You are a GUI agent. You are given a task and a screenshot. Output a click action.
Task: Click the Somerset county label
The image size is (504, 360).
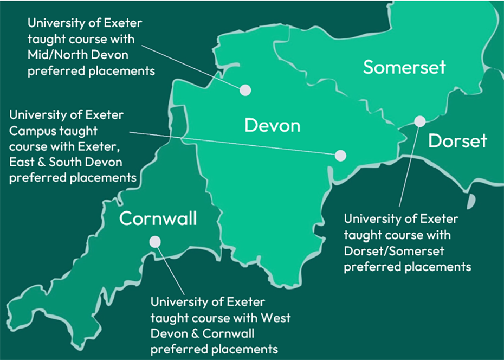[x=404, y=67]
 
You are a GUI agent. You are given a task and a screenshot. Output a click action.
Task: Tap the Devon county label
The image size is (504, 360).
[x=272, y=126]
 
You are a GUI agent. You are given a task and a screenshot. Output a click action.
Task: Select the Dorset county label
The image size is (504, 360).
[x=457, y=141]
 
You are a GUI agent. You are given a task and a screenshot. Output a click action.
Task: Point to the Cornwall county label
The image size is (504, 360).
[x=158, y=219]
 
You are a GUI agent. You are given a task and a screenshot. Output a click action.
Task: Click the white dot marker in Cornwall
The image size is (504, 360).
[x=155, y=242]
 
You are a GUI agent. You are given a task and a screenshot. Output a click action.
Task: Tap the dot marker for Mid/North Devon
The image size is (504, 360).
[x=245, y=90]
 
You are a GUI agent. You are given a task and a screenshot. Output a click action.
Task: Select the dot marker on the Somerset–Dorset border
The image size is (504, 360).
[x=420, y=121]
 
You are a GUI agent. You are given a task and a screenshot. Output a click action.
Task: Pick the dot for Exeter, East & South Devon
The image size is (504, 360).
[x=340, y=156]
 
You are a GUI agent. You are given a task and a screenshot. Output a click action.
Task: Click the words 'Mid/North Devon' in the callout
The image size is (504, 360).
[x=68, y=55]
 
